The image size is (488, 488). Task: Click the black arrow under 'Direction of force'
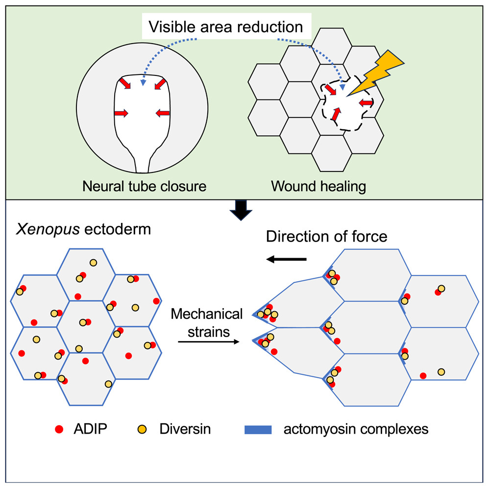[x=287, y=260]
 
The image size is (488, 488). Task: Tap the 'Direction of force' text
[x=326, y=237]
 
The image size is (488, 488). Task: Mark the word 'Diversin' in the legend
[x=185, y=430]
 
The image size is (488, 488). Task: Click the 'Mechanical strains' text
[x=207, y=322]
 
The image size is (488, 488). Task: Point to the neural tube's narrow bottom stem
[x=142, y=162]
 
